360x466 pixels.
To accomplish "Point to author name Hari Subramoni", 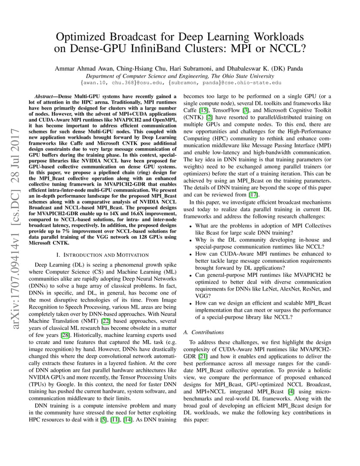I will (x=170, y=68).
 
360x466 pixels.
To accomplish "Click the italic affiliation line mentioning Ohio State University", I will (x=180, y=76).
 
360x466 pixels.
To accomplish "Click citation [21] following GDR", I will (x=203, y=356).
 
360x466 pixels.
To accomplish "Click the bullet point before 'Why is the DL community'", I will (x=190, y=240).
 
